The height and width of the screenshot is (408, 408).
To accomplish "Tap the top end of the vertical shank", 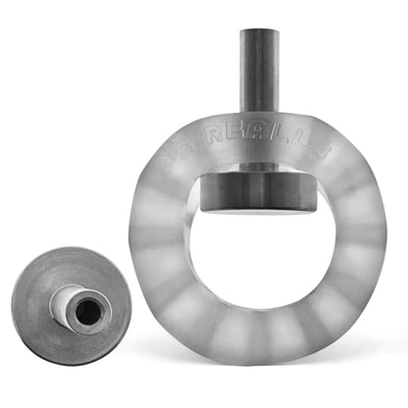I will (x=258, y=32).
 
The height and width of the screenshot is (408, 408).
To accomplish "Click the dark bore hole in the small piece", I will (x=86, y=311).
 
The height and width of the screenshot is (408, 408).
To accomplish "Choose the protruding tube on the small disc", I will (x=78, y=307).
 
